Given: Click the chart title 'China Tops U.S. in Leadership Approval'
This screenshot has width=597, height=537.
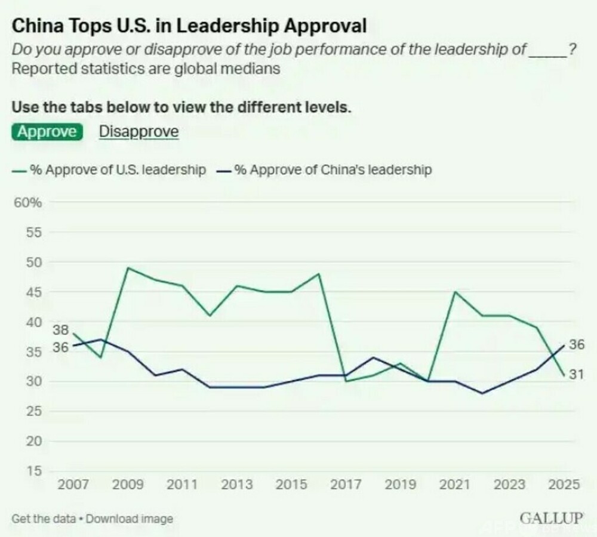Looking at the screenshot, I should point(189,27).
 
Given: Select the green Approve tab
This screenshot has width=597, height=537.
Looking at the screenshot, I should point(47,131).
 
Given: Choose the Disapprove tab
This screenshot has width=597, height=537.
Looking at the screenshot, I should point(139,131).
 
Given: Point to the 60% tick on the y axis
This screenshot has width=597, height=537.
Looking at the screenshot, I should point(27,203).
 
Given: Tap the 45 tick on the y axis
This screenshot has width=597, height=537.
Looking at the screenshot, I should point(33,292).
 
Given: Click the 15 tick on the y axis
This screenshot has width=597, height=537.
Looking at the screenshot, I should point(33,471).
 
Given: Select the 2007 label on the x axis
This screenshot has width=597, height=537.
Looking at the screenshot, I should point(73,484).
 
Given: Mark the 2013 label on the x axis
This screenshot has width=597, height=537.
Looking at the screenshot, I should point(236,484).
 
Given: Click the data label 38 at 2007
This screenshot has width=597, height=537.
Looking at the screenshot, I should point(61,331).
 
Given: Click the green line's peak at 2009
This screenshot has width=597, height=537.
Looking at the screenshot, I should point(128,268).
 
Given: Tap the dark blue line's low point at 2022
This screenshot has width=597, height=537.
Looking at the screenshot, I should point(482,393).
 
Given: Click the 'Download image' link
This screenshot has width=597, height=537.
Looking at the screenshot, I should point(130,519).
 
